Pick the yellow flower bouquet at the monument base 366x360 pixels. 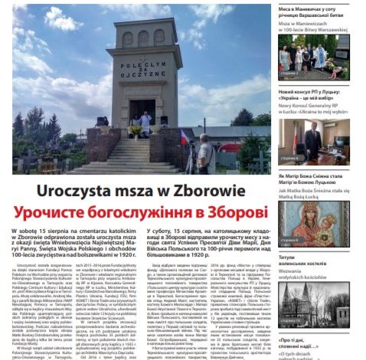click(x=136, y=130)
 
